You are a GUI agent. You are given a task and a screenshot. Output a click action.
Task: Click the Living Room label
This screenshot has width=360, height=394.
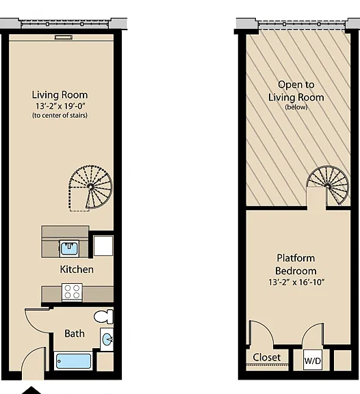(60, 95)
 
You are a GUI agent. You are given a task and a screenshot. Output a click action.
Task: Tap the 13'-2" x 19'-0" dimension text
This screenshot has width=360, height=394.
(60, 106)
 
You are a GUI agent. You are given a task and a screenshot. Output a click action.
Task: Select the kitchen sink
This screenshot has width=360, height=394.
(69, 248)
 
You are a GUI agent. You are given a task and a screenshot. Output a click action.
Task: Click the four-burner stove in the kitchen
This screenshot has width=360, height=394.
(72, 291)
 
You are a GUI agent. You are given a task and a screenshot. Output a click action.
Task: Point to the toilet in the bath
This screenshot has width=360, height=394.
(103, 316)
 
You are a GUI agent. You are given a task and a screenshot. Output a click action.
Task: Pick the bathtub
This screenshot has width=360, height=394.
(73, 361)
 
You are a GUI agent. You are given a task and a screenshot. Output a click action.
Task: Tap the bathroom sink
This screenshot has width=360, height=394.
(107, 339)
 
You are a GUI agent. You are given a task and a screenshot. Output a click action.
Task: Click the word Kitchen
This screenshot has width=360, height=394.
(77, 270)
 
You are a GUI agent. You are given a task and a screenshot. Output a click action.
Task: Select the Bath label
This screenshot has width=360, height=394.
(75, 334)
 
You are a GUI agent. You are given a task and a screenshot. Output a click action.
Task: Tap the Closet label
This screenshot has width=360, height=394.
(266, 357)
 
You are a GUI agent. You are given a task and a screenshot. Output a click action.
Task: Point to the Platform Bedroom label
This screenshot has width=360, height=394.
(296, 265)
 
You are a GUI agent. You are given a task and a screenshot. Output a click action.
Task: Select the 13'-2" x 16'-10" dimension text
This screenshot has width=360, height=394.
(296, 283)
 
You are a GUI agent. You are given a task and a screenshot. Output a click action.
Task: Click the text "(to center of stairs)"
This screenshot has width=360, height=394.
(60, 116)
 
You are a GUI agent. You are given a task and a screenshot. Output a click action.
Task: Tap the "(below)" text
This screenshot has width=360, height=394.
(296, 107)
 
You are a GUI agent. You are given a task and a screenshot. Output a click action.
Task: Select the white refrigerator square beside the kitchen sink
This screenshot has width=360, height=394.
(103, 246)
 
